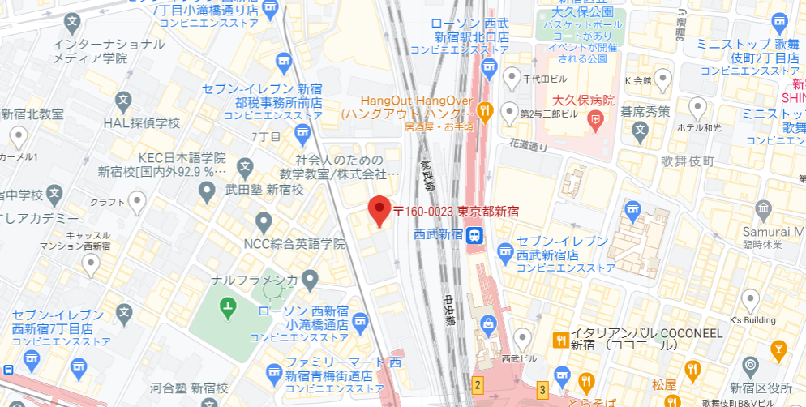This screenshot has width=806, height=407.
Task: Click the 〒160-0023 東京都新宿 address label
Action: (x=456, y=212)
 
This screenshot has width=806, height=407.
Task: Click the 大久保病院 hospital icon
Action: (x=597, y=121)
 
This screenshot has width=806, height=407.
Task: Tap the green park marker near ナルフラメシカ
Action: (x=228, y=307)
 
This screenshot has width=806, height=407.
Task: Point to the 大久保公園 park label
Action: (x=581, y=13)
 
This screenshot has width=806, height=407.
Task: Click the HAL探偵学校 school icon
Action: (x=123, y=102)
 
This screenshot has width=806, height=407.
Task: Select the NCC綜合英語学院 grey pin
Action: (x=263, y=221)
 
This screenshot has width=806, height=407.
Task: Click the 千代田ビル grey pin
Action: (x=511, y=78)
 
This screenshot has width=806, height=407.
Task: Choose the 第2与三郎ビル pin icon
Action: (x=509, y=111)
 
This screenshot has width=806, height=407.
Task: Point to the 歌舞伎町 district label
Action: (x=688, y=161)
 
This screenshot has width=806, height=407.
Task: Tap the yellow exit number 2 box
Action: (x=478, y=385)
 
